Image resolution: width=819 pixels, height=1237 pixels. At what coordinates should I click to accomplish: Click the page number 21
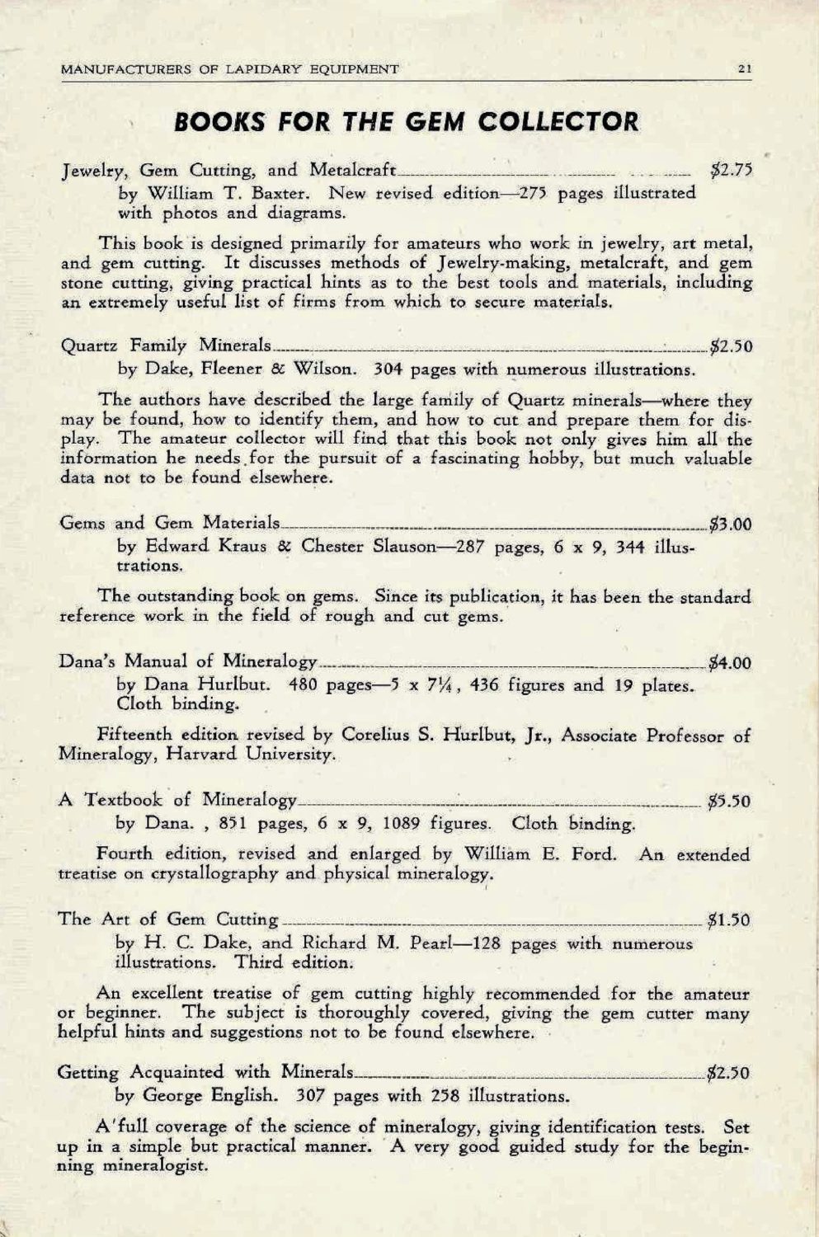(x=743, y=69)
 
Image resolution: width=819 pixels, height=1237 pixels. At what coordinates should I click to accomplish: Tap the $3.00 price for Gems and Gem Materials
(x=730, y=523)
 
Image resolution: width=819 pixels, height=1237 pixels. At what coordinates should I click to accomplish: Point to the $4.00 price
(x=730, y=662)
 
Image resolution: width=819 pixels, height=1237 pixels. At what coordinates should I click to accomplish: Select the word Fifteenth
(x=132, y=734)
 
